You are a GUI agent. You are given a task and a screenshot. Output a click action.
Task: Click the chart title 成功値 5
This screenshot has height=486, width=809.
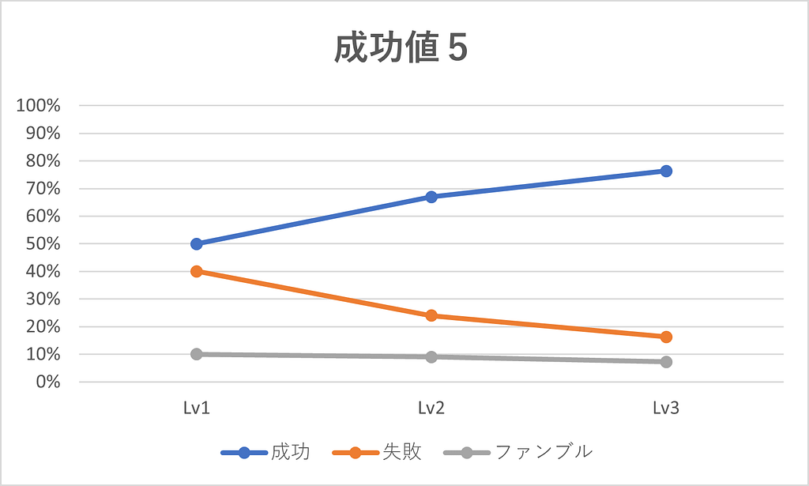point(401,49)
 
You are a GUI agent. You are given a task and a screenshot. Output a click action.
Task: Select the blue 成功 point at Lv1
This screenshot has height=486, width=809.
point(197,243)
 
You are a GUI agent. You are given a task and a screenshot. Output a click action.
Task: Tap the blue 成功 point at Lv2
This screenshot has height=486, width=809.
point(431,197)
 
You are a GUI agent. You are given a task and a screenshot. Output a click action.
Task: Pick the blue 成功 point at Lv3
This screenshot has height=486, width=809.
point(666,171)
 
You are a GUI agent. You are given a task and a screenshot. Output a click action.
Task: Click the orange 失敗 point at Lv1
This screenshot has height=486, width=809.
point(197,271)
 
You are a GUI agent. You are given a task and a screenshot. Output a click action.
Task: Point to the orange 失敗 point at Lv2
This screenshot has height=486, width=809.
point(431,315)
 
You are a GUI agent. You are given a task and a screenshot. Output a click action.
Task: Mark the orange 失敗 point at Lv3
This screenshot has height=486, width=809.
point(666,337)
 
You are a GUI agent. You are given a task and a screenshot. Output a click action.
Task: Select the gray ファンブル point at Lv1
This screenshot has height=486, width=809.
point(197,354)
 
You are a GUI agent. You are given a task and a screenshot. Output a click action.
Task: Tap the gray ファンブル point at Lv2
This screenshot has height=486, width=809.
point(431,356)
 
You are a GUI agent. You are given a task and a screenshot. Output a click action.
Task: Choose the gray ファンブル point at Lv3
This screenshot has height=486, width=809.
point(666,362)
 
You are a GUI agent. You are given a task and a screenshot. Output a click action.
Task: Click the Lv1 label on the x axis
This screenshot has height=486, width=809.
point(197,409)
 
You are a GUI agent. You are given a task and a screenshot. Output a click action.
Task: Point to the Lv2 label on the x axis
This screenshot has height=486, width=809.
point(431,409)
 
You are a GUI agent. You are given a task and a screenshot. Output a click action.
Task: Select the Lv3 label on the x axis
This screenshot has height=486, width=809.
point(666,409)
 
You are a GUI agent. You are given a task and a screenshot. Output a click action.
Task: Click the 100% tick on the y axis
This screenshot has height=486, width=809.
point(38,105)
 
